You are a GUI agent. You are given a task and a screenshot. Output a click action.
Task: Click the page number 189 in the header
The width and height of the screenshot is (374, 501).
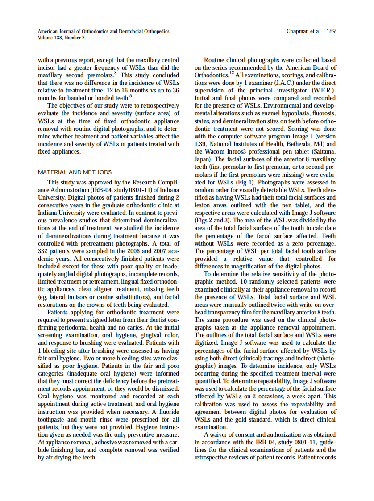(331, 31)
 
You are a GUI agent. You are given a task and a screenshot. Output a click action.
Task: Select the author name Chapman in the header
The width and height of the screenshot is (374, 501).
(297, 31)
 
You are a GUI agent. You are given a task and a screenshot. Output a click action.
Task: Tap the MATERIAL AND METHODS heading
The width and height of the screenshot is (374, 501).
(75, 172)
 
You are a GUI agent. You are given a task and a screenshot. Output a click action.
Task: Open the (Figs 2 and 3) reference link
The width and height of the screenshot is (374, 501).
(213, 220)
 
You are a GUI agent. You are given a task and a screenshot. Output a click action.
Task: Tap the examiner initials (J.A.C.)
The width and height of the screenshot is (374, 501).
(275, 83)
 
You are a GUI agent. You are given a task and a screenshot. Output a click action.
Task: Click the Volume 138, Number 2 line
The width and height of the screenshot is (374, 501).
(61, 38)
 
